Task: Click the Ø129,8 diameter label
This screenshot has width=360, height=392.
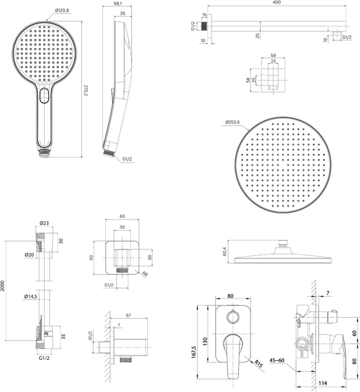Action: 62,11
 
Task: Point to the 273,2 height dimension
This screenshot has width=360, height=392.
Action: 85,90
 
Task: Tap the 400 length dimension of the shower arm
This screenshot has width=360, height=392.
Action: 276,2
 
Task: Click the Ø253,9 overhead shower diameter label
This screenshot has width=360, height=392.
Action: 232,122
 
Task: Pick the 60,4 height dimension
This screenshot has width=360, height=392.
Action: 225,251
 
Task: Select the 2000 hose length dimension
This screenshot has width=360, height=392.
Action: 2,286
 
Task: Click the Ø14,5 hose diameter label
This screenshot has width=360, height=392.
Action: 30,297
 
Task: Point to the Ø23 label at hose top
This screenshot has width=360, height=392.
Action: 44,223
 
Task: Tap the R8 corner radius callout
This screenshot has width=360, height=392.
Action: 145,275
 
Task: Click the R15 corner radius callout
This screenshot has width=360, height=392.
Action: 259,364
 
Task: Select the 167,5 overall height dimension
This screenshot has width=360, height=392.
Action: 194,352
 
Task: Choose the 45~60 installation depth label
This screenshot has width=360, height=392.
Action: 277,360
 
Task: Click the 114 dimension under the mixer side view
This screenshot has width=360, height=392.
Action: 323,383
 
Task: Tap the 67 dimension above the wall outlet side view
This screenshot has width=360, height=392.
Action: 128,315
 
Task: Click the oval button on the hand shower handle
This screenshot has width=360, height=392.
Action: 45,95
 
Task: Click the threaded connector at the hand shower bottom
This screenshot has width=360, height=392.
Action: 45,153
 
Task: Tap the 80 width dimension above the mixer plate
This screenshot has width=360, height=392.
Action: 230,296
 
